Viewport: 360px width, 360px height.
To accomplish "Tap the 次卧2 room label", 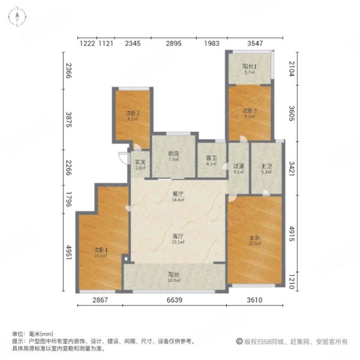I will pyautogui.click(x=133, y=113).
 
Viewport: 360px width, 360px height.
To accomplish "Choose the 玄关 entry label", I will pyautogui.click(x=140, y=162).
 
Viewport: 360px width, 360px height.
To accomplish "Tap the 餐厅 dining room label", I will pyautogui.click(x=177, y=193).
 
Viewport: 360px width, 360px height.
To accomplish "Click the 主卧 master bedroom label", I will pyautogui.click(x=254, y=237).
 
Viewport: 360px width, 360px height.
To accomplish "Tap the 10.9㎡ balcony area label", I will pyautogui.click(x=173, y=281).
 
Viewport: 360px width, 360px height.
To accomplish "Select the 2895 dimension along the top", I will pyautogui.click(x=174, y=43).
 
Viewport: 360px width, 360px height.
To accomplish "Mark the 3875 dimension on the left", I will pyautogui.click(x=68, y=121).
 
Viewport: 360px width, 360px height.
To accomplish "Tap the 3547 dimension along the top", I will pyautogui.click(x=255, y=43).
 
